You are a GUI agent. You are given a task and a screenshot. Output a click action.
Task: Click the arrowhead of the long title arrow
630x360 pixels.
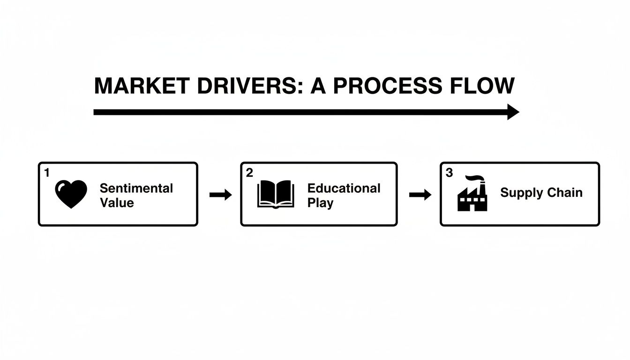pyautogui.click(x=513, y=112)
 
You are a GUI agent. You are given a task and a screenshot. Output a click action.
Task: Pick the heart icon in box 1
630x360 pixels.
pyautogui.click(x=71, y=194)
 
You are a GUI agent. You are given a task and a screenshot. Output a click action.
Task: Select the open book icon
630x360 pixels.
pyautogui.click(x=276, y=195)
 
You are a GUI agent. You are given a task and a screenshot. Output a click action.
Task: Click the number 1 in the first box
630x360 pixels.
pyautogui.click(x=46, y=173)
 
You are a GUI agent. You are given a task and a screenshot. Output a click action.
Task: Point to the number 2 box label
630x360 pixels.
pyautogui.click(x=249, y=173)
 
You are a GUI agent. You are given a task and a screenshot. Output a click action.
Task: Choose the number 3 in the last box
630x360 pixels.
pyautogui.click(x=449, y=173)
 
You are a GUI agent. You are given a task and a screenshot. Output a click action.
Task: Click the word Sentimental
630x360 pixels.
pyautogui.click(x=136, y=188)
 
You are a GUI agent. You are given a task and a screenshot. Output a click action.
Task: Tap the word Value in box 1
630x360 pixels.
pyautogui.click(x=117, y=203)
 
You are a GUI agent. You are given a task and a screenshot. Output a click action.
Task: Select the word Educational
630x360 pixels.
pyautogui.click(x=344, y=188)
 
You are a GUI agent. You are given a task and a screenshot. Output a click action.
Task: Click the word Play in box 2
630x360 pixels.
pyautogui.click(x=320, y=203)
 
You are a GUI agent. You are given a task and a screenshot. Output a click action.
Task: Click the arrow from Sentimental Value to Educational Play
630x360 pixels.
pyautogui.click(x=220, y=195)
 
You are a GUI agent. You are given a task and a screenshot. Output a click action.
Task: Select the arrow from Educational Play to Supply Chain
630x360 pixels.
pyautogui.click(x=420, y=195)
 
